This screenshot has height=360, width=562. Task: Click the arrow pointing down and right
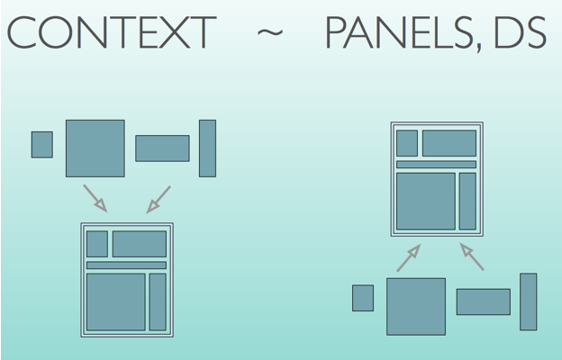(95, 198)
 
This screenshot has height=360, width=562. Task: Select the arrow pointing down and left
(159, 199)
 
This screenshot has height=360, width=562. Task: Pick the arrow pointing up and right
(409, 257)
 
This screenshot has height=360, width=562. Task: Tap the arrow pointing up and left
(472, 256)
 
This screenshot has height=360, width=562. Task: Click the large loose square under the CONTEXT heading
(95, 148)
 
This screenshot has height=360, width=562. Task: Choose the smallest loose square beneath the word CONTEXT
(41, 144)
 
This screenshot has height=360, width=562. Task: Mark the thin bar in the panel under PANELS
(436, 164)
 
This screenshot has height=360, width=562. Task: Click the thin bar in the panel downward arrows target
(126, 265)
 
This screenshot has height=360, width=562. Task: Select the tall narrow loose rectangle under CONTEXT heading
(207, 148)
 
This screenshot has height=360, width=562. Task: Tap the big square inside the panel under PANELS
(425, 201)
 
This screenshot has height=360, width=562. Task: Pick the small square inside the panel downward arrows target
(96, 244)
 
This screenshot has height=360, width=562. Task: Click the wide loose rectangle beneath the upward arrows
(483, 301)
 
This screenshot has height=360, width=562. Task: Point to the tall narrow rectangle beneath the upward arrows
(528, 301)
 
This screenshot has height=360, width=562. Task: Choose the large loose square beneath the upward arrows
(415, 306)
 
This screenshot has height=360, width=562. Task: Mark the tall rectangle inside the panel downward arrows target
(158, 301)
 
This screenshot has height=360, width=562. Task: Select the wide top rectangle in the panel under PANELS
(449, 143)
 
